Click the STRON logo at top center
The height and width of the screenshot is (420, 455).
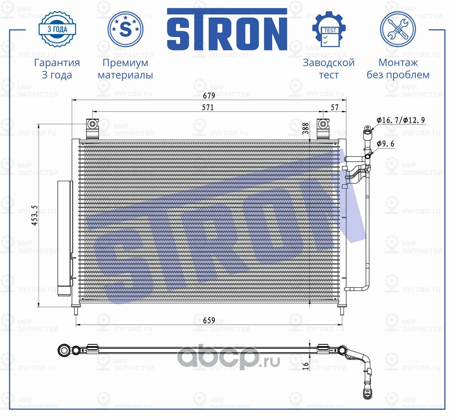click(227, 30)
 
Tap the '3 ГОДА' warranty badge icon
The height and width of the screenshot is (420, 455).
click(57, 29)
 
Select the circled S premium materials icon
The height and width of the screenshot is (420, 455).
click(125, 29)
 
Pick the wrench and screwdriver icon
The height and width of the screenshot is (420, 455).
click(397, 29)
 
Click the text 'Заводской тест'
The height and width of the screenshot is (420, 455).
click(328, 69)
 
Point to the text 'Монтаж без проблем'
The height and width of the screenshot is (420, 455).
click(398, 69)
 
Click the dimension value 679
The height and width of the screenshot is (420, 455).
click(209, 96)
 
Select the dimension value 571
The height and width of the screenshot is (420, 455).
click(208, 107)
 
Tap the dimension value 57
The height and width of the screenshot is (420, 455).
click(334, 107)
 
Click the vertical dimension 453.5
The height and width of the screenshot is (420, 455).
click(34, 215)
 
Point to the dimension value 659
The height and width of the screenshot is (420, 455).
click(209, 320)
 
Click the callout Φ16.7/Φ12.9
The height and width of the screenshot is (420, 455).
click(401, 120)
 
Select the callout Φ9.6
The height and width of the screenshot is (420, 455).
click(385, 144)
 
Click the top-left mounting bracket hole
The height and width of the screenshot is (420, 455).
click(92, 124)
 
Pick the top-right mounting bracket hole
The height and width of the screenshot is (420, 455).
click(323, 124)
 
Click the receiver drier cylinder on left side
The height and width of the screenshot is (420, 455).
click(65, 238)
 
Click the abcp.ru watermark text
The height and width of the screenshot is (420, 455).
click(228, 357)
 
